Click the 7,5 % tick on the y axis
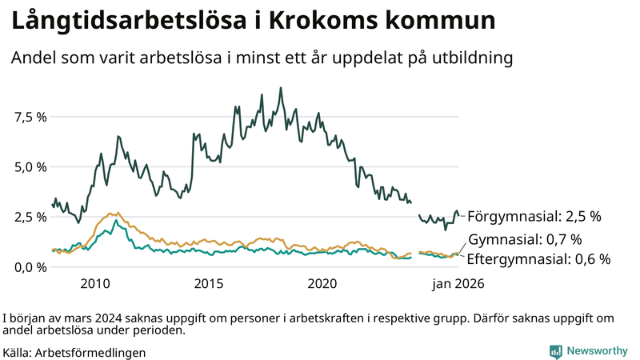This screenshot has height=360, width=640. point(30,117)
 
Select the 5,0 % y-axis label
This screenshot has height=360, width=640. point(30,167)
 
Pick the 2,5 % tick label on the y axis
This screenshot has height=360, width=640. point(30,217)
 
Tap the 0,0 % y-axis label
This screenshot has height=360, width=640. point(30,267)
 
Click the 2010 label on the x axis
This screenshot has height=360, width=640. point(94,284)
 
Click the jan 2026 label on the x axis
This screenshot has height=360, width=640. point(458,284)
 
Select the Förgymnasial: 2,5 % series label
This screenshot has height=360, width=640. point(534,216)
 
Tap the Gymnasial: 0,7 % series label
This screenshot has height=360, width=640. point(525,239)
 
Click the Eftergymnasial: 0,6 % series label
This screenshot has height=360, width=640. point(538,258)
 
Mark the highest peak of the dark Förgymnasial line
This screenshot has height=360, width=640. point(280,88)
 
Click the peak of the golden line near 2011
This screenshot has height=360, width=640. point(111,214)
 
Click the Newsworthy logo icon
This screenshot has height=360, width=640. point(555,351)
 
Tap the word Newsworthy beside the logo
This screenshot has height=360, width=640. point(597,351)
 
